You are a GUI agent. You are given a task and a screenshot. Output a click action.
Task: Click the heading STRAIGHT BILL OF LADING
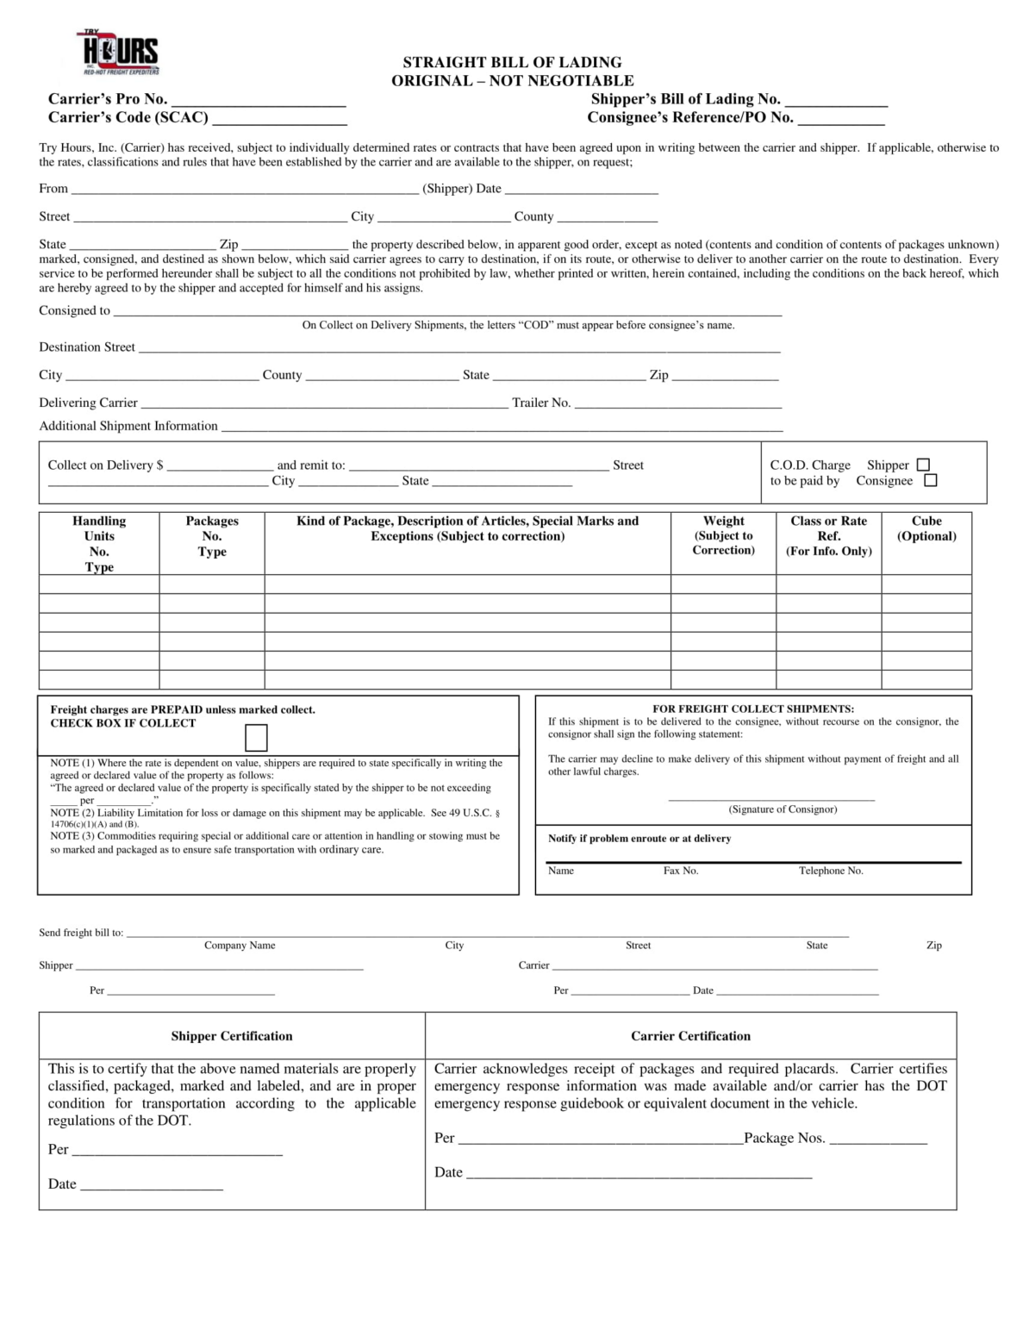point(512,62)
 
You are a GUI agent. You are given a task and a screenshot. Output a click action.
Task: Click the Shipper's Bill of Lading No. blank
point(835,100)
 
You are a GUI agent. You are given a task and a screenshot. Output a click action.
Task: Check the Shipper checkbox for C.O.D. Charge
point(923,465)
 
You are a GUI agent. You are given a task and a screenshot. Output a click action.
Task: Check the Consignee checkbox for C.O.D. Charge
point(930,481)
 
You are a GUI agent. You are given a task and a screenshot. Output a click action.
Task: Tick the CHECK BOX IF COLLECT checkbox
point(256,738)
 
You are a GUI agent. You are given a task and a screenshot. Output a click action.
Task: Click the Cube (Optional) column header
point(926,528)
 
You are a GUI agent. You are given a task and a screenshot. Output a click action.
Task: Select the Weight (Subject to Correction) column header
point(723,535)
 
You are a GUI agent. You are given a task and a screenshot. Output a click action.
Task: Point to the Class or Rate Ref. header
point(828,535)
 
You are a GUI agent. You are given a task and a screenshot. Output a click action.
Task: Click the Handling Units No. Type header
point(99,543)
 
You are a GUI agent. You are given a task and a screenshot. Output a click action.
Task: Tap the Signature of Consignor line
point(771,798)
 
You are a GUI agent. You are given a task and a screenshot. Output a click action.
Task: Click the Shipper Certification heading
point(231,1036)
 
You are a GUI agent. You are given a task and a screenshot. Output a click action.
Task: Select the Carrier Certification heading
point(690,1036)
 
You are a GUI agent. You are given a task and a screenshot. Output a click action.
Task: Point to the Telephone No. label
point(831,871)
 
